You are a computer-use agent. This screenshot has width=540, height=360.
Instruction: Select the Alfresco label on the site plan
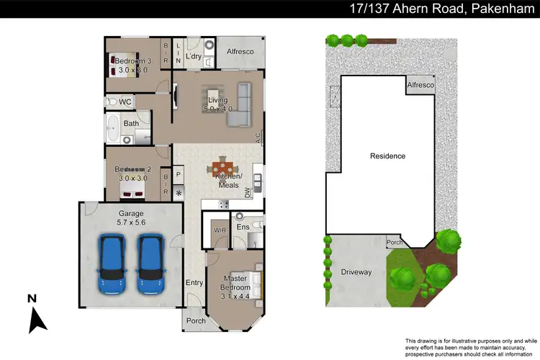[421, 85]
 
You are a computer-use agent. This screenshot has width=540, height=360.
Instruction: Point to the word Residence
[387, 156]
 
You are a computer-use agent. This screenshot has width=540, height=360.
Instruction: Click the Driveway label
[356, 272]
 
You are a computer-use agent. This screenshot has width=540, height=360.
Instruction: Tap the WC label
[125, 102]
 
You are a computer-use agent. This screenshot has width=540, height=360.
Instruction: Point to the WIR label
[220, 230]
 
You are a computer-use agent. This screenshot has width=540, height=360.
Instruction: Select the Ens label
[243, 228]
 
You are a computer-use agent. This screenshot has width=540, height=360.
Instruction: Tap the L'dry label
[193, 56]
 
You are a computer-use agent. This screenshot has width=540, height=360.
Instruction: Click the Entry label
[194, 283]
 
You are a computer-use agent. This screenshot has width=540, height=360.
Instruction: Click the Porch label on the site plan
[394, 243]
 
